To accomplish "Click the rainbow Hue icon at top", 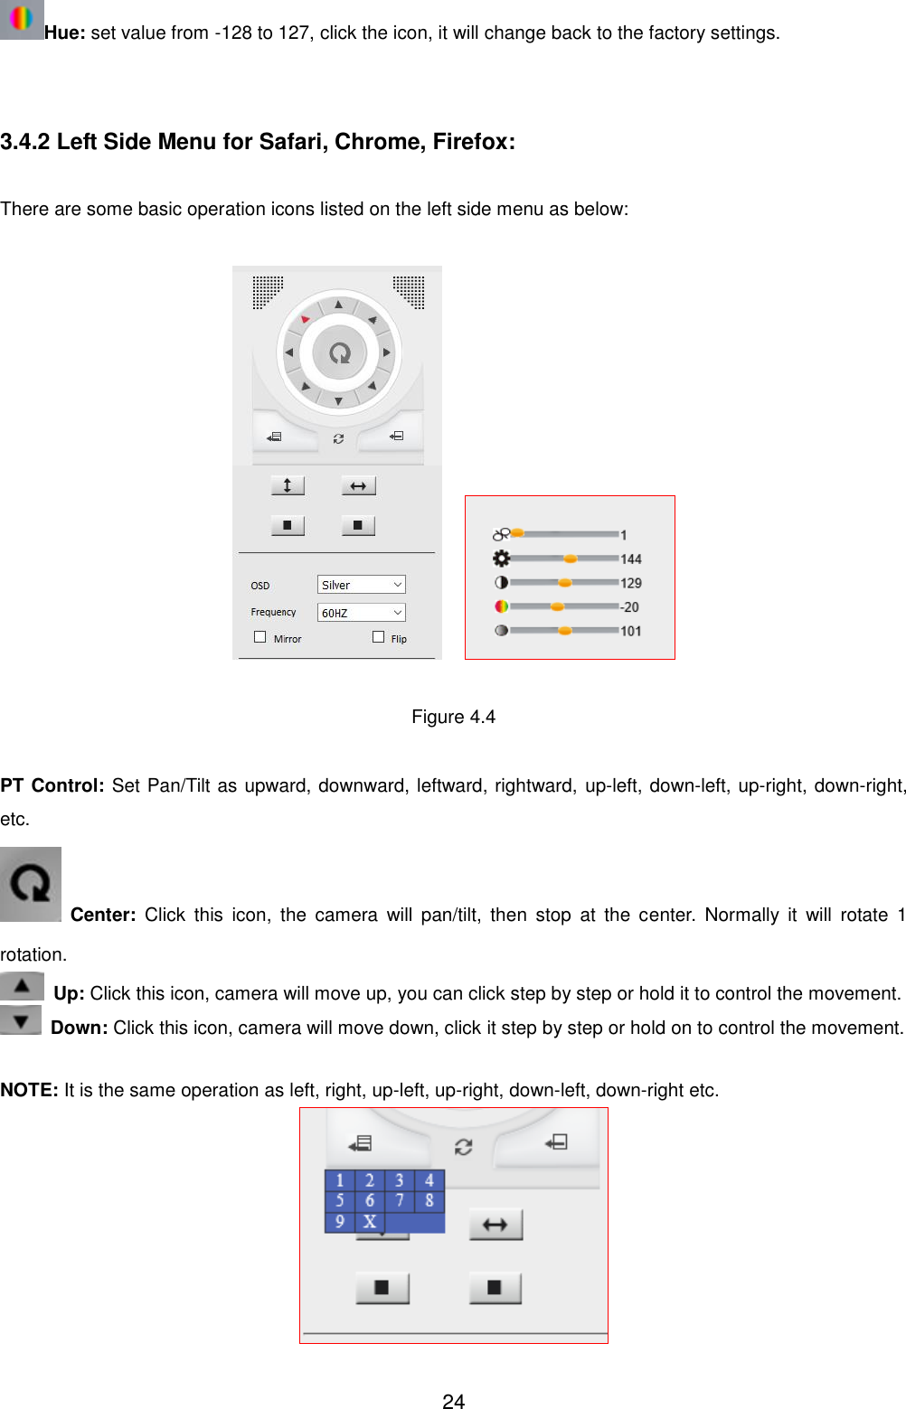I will pos(22,19).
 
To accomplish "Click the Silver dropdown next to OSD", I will pos(361,585).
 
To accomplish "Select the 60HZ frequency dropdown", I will pos(361,613).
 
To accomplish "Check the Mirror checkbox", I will pos(260,637).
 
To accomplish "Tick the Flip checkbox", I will pos(379,637).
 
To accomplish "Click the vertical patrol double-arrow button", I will pos(288,486).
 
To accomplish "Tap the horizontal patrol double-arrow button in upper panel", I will pos(358,486).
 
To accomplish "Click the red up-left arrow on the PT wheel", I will pos(306,319).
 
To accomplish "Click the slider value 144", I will pos(631,559).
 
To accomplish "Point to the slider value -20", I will pos(629,607).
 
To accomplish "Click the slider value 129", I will pos(631,583).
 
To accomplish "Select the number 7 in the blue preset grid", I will pos(399,1200).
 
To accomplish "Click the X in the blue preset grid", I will pos(369,1221).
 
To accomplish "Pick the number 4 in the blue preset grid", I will pos(429,1180).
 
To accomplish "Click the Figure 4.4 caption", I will pos(453,717).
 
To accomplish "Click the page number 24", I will pos(453,1401).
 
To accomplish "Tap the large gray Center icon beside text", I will pos(31,884).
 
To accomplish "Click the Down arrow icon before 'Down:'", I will pos(21,1020).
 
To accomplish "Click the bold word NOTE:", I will pos(30,1090).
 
